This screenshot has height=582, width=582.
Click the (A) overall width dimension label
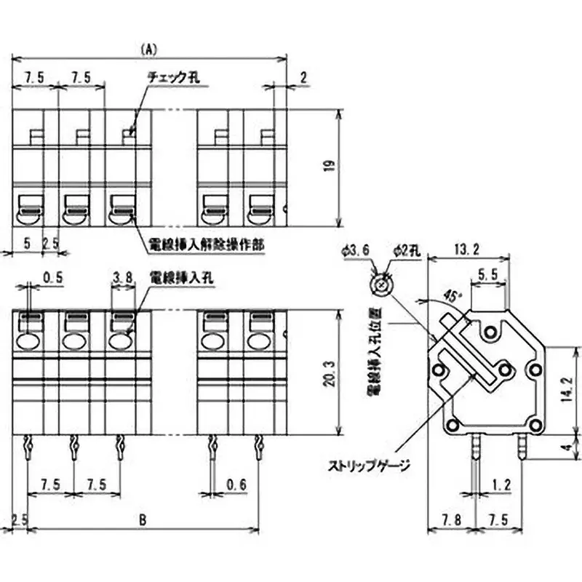[x=148, y=49]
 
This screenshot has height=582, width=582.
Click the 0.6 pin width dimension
[x=234, y=485]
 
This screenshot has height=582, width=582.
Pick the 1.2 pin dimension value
[x=502, y=485]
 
